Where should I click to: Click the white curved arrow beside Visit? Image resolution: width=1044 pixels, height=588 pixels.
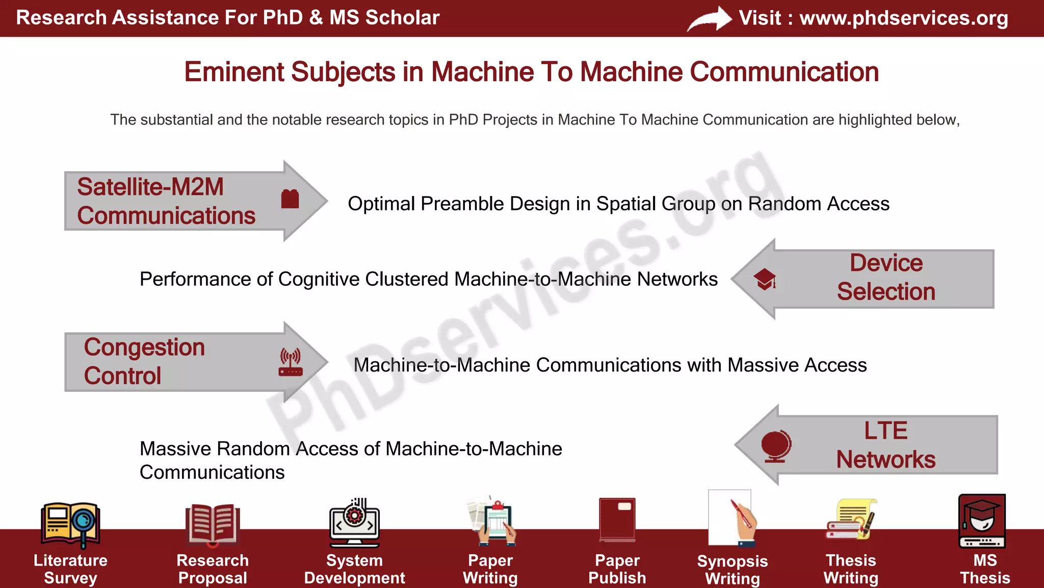[x=709, y=19]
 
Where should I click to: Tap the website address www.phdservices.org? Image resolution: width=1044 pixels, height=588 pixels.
[x=903, y=18]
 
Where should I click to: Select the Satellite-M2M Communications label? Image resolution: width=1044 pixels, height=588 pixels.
[x=166, y=201]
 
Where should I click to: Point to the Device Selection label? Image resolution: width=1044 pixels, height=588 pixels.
[x=886, y=277]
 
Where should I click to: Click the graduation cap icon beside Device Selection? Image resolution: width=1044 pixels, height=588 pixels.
[x=765, y=279]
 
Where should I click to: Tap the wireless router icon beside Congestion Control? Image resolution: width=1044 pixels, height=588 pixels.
[x=291, y=362]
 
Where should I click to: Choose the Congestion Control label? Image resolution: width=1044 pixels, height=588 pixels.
[x=144, y=361]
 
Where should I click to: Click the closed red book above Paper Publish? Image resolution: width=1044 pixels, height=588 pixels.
[x=617, y=520]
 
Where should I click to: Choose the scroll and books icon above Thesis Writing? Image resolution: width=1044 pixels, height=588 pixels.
[x=851, y=520]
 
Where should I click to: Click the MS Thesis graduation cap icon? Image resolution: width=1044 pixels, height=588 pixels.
[x=982, y=521]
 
